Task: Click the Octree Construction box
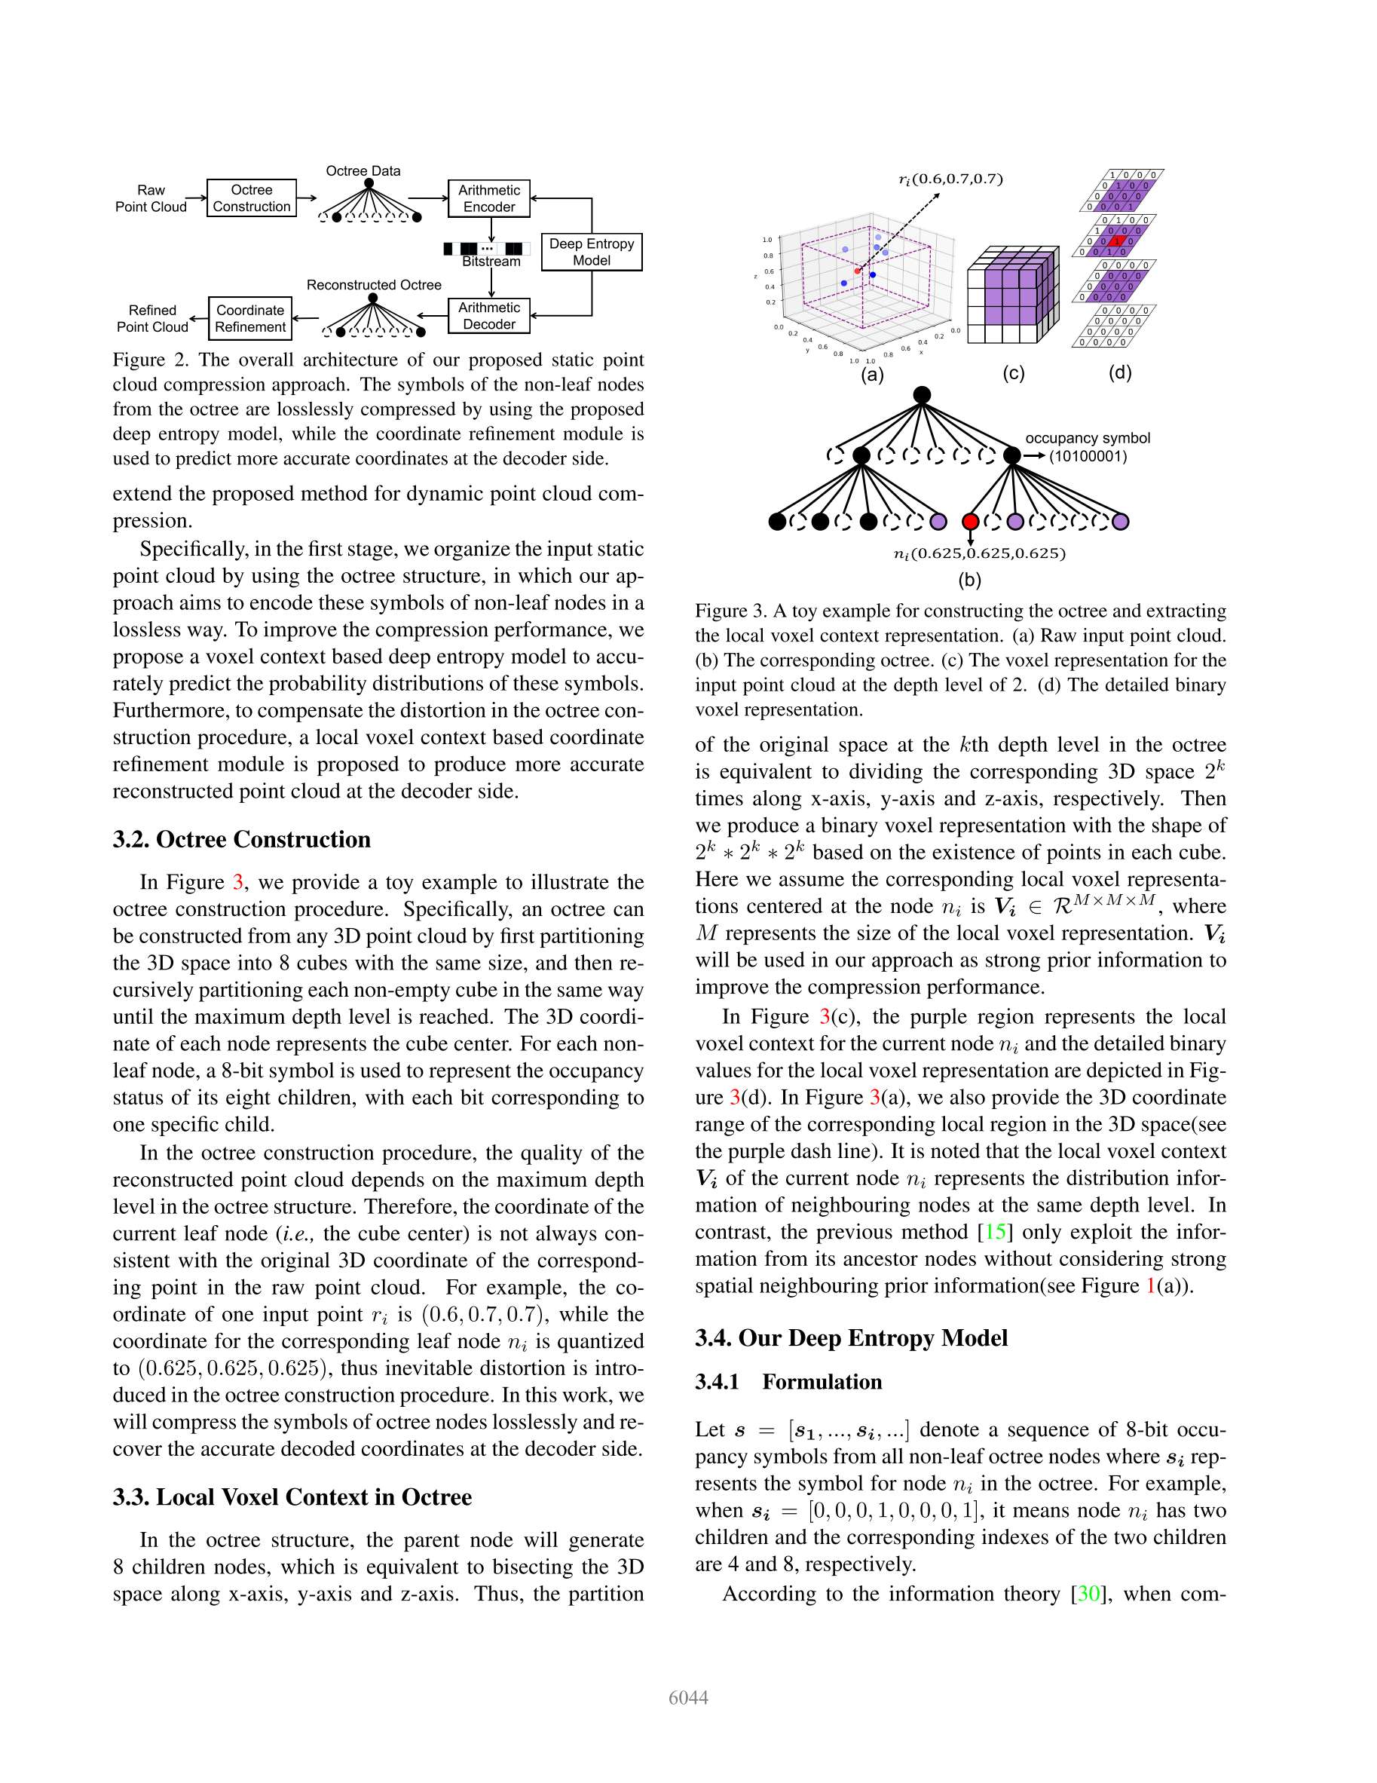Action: tap(252, 198)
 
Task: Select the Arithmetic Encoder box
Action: tap(489, 198)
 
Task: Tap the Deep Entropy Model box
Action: tap(592, 253)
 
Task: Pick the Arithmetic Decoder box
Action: tap(489, 316)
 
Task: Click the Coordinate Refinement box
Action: tap(250, 318)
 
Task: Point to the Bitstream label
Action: tap(491, 262)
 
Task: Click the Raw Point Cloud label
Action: tap(151, 198)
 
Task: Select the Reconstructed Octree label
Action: tap(374, 285)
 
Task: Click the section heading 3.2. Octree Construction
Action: tap(242, 839)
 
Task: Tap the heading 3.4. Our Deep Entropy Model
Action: tap(852, 1338)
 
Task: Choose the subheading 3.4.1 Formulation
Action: tap(788, 1382)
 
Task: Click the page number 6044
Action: tap(688, 1698)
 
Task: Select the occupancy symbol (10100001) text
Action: tap(1088, 447)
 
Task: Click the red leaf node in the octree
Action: tap(971, 521)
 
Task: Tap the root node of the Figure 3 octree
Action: tap(922, 396)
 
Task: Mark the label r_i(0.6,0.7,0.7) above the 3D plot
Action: tap(950, 179)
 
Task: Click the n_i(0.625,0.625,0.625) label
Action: tap(980, 553)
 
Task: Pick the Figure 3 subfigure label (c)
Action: tap(1013, 374)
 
